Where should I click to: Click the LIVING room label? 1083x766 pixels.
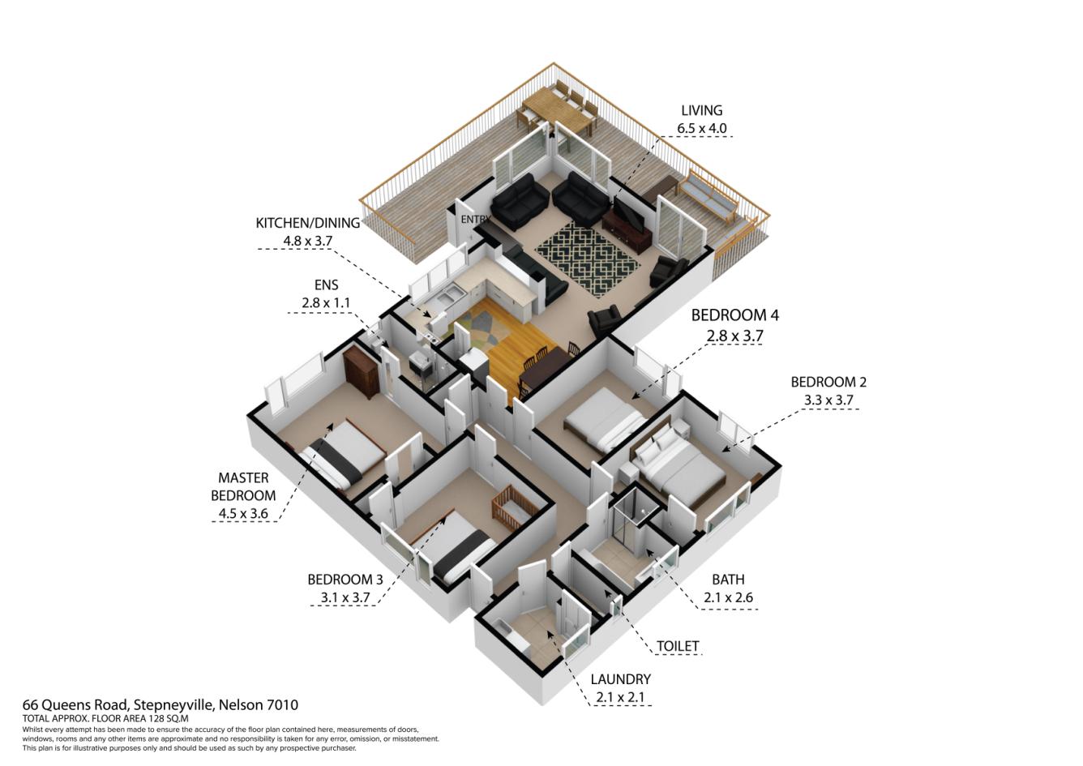tap(701, 111)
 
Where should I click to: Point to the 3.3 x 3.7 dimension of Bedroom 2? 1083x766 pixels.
tap(828, 400)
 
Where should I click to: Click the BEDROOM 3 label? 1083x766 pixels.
tap(345, 580)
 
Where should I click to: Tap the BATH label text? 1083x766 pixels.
tap(727, 580)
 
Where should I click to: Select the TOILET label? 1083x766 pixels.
tap(677, 646)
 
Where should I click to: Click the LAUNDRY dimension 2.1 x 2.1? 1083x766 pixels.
tap(620, 697)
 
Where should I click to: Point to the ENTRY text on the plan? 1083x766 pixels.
tap(475, 220)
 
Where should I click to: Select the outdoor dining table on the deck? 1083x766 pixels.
tap(559, 113)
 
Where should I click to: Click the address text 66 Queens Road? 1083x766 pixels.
tap(160, 704)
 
